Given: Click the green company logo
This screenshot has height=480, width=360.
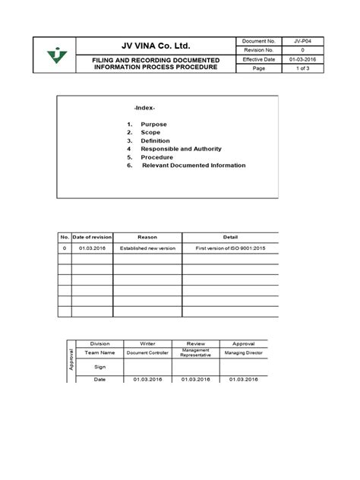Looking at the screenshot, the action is click(x=55, y=55).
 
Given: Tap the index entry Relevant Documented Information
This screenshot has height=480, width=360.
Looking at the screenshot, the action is click(x=194, y=165).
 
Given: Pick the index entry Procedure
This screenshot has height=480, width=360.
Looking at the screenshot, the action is click(x=156, y=157).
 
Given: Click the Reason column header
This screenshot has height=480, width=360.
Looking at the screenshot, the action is click(x=147, y=238).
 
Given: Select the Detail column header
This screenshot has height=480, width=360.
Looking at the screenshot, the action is click(x=230, y=238).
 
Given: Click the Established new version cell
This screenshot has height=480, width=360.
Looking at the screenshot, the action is click(x=147, y=248).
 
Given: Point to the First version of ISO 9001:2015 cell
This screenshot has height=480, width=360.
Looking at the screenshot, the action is click(x=230, y=248).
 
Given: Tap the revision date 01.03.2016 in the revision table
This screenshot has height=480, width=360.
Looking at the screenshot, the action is click(x=92, y=248).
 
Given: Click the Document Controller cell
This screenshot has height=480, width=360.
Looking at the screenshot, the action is click(x=147, y=353).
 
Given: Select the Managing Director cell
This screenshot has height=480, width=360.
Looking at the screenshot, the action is click(x=245, y=353).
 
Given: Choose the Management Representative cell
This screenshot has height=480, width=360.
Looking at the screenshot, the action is click(x=195, y=353).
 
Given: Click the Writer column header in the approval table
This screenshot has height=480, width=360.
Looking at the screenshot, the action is click(x=147, y=343).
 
